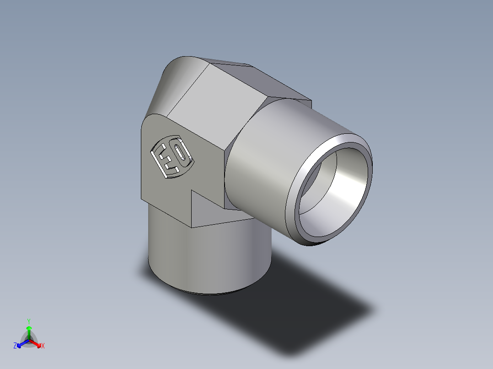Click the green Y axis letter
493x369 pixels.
(x=29, y=321)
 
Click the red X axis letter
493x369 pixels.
(x=43, y=346)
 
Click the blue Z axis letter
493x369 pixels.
(x=15, y=346)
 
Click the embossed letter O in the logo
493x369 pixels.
(x=182, y=154)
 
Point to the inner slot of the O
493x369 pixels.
(x=182, y=154)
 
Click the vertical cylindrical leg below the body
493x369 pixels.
(x=206, y=260)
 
